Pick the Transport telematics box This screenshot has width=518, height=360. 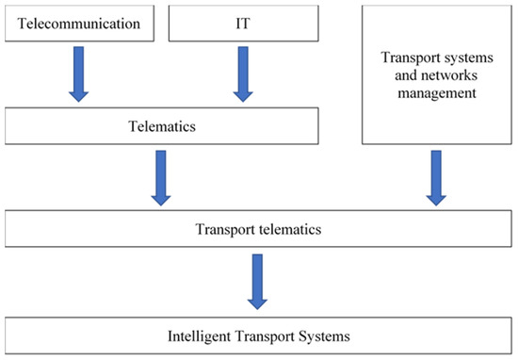259,230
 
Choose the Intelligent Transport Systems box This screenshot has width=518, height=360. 259,335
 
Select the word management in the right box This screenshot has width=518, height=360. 437,94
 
